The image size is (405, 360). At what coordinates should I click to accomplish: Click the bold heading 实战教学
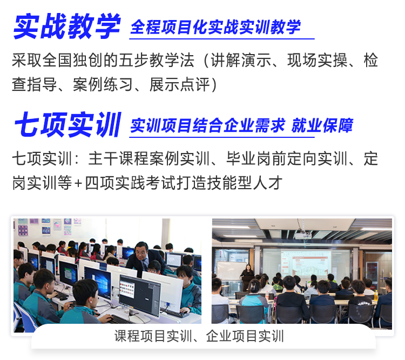pos(67,26)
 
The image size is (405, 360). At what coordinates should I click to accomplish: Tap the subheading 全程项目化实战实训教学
pos(215,27)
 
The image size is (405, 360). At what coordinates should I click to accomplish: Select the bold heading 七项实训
pos(68,124)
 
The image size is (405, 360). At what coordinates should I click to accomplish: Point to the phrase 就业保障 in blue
pos(322,125)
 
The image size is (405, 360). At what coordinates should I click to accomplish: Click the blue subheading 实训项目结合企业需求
pos(208,125)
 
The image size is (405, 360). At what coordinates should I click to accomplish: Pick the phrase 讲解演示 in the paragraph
pos(241,60)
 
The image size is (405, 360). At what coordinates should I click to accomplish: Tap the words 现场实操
pos(318,60)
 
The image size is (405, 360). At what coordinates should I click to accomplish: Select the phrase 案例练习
pos(103,84)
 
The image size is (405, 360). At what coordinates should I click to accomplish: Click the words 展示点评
pos(179,84)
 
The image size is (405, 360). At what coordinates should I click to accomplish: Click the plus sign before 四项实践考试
pos(78,183)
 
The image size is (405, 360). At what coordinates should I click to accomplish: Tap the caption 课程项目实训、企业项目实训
pos(199,336)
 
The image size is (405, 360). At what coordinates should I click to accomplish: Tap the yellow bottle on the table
pos(376,296)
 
